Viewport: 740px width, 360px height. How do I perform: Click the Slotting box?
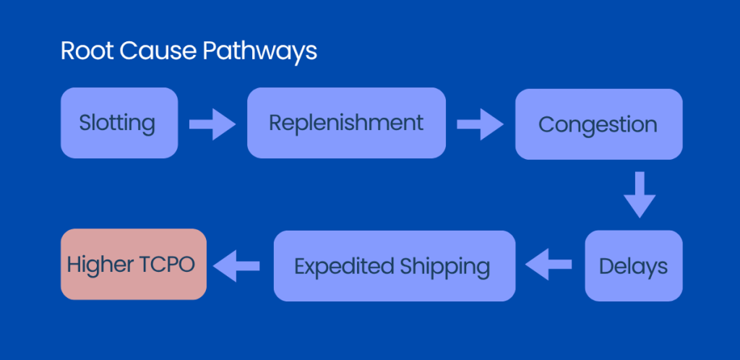119,123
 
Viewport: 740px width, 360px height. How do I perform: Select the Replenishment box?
346,123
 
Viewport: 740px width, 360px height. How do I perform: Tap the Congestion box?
598,124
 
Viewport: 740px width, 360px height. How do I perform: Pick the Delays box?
633,265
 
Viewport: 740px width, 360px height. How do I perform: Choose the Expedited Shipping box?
394,265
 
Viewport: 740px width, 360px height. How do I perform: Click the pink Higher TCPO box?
134,264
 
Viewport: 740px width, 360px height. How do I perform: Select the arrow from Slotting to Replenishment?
212,124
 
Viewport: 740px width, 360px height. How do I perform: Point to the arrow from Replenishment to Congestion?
481,124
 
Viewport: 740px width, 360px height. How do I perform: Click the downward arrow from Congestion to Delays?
640,194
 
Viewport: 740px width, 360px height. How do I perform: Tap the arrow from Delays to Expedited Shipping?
549,265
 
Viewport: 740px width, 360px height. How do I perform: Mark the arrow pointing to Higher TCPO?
238,265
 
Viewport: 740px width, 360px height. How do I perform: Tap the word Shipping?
444,267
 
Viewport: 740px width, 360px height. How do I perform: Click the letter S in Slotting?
85,123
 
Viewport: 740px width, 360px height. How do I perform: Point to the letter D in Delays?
606,265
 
